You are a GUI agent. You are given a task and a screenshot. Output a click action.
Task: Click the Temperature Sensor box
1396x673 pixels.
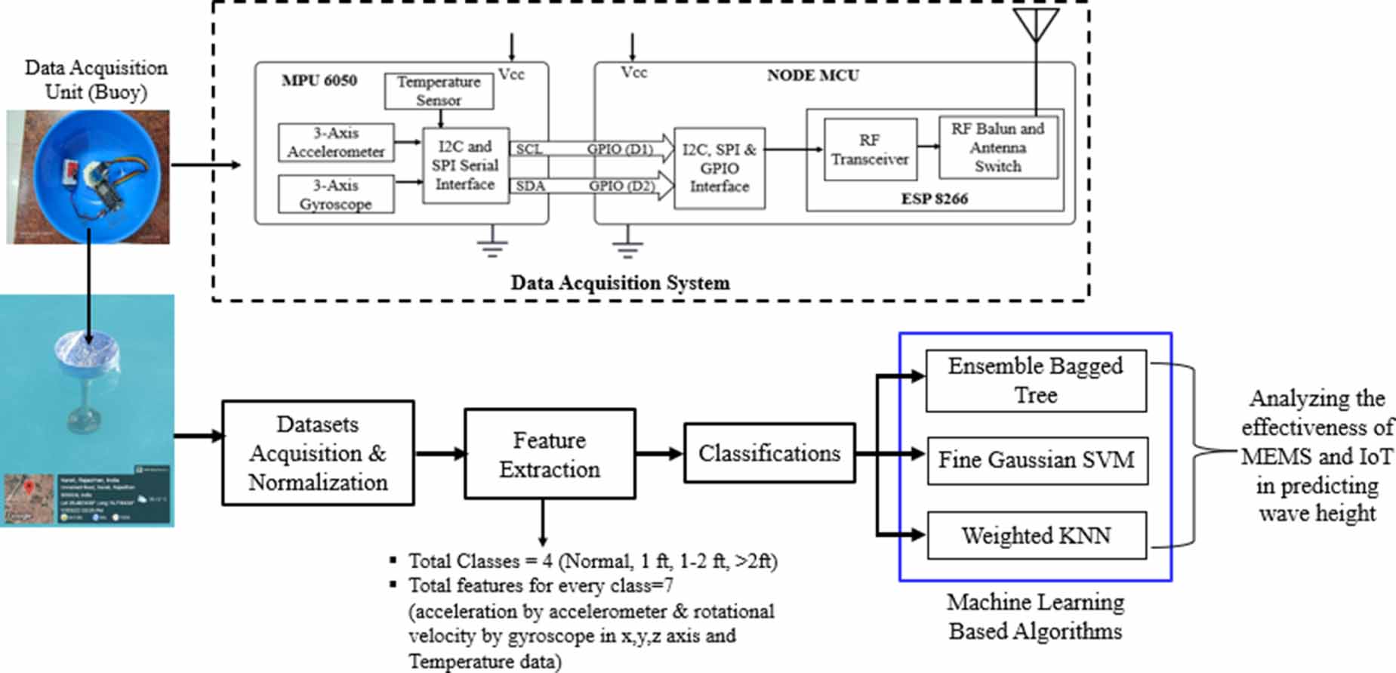coord(439,91)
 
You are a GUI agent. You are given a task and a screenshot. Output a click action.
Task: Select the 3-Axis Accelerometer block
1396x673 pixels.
coord(336,142)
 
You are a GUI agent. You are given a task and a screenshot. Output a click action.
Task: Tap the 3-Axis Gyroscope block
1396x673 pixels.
coord(336,194)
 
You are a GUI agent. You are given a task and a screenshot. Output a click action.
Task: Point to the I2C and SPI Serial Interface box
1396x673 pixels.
coord(465,165)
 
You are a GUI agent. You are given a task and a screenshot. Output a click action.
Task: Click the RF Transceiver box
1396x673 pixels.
coord(870,150)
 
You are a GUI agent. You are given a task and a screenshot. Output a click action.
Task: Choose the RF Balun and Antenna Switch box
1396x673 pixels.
coord(997,148)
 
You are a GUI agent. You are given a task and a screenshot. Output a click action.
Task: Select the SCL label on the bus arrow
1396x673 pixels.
coord(529,149)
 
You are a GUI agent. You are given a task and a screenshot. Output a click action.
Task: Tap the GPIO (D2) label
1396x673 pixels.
coord(621,186)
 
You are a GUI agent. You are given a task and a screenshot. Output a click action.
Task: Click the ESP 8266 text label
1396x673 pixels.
coord(934,199)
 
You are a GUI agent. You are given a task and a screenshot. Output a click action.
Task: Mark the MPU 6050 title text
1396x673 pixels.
coord(319,80)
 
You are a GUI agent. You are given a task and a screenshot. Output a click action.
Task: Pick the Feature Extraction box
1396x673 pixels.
coord(549,454)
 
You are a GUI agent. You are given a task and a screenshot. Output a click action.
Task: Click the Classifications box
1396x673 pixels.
coord(769,453)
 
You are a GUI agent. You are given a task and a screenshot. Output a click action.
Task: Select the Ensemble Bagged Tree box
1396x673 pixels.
coord(1035,381)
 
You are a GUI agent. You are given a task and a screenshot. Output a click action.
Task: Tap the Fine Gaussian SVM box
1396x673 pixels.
coord(1036,460)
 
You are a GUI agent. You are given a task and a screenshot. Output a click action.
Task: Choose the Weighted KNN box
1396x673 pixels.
coord(1036,536)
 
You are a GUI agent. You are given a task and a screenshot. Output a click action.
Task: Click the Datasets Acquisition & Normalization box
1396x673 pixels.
coord(318,453)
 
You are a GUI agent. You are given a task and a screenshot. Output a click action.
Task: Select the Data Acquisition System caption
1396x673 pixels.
coord(620,283)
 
